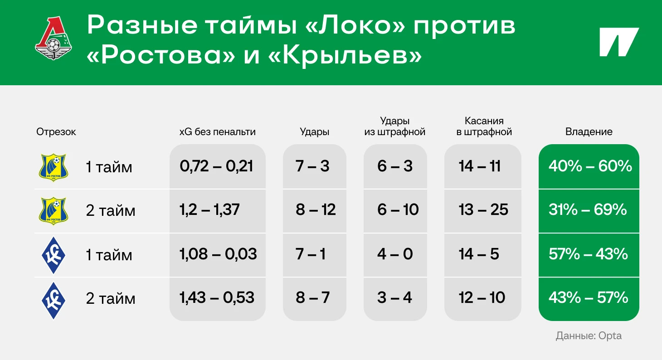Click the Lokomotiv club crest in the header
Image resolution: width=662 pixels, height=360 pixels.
tap(54, 39)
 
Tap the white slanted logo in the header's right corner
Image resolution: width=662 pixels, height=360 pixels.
tap(619, 42)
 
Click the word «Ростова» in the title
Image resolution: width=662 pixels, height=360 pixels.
tap(161, 56)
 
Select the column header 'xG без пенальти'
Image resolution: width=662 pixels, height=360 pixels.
tap(218, 131)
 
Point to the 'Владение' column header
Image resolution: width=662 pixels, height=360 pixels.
tap(589, 131)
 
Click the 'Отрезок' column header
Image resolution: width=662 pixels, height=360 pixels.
tap(56, 132)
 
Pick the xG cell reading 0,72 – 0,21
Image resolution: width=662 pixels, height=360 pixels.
tap(216, 166)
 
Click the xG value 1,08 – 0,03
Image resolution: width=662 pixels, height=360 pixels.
tap(218, 254)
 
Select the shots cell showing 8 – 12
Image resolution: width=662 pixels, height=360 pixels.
tap(316, 209)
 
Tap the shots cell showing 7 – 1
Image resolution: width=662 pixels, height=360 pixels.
tap(311, 254)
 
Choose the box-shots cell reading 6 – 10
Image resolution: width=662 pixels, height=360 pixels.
tap(398, 209)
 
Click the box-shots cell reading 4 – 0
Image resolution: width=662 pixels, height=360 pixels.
tap(395, 254)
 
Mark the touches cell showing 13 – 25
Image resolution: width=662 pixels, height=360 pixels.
tap(483, 209)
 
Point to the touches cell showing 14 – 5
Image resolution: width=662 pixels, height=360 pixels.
tap(479, 254)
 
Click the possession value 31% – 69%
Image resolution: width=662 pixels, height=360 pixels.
tap(588, 209)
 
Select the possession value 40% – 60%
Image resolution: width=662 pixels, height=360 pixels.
tap(590, 166)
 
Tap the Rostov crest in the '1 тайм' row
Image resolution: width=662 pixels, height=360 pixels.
tap(54, 167)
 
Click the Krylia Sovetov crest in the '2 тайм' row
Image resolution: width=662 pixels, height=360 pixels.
tap(54, 300)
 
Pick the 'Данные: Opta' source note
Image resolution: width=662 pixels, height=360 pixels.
tap(589, 336)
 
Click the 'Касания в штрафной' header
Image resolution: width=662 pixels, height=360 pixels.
tap(484, 126)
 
